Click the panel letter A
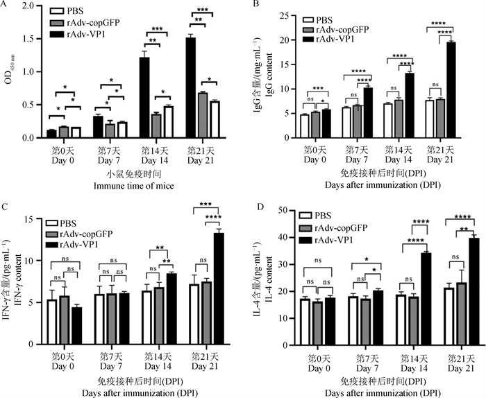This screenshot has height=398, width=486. (6, 6)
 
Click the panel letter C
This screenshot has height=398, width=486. (6, 206)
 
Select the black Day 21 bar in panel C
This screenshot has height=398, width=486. (219, 288)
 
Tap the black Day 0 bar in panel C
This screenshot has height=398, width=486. (77, 325)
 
